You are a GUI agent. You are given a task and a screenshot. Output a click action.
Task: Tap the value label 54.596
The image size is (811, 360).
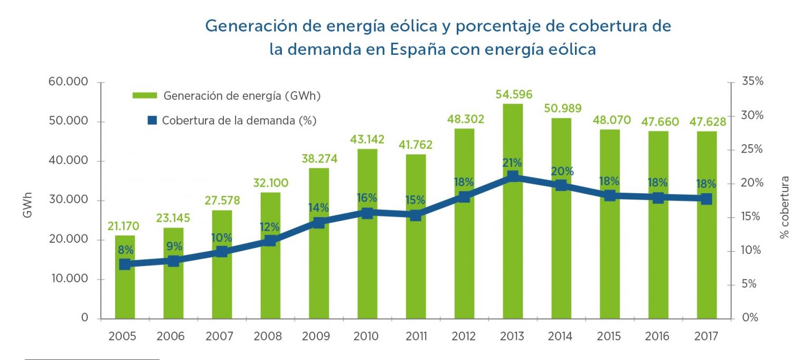coord(514,95)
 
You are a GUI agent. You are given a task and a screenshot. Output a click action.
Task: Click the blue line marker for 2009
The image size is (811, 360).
coord(319,223)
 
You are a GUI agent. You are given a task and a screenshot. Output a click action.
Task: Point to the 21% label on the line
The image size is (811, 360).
coord(512,163)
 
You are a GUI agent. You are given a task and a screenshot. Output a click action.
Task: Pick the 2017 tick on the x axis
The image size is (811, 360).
coord(706,336)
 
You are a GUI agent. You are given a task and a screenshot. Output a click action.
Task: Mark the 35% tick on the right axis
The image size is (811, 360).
coord(752,82)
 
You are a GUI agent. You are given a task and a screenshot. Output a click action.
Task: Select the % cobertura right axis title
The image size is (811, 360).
coord(785,207)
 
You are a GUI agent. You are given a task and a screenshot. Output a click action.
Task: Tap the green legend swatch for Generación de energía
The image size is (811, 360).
coord(145,96)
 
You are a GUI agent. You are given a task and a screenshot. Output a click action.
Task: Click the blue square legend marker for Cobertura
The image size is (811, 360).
coord(153,120)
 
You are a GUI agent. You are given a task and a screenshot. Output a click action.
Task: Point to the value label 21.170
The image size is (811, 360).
coord(123,226)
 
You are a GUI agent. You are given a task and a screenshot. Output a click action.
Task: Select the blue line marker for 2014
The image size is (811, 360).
coord(561,185)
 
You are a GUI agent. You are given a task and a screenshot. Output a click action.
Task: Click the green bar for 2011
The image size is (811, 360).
coord(416,264)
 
